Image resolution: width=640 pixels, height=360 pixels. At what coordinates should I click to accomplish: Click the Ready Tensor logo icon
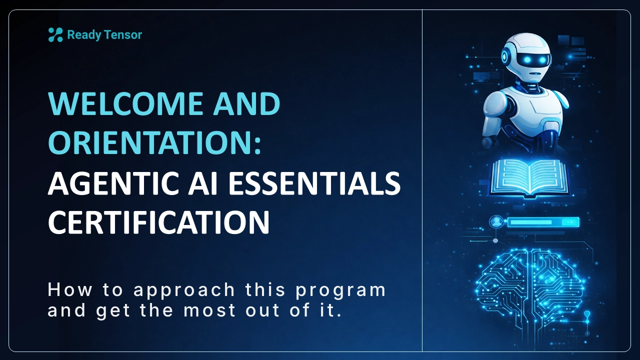pyautogui.click(x=55, y=34)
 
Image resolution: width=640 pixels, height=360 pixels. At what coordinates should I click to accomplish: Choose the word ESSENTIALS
pyautogui.click(x=314, y=183)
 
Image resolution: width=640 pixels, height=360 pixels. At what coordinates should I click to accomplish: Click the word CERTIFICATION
pyautogui.click(x=158, y=222)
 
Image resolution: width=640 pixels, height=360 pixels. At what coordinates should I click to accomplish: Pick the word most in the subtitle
pyautogui.click(x=206, y=311)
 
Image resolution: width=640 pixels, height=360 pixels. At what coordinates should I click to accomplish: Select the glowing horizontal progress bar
pyautogui.click(x=542, y=222)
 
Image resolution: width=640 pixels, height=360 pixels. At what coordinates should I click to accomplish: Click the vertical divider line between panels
pyautogui.click(x=422, y=180)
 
